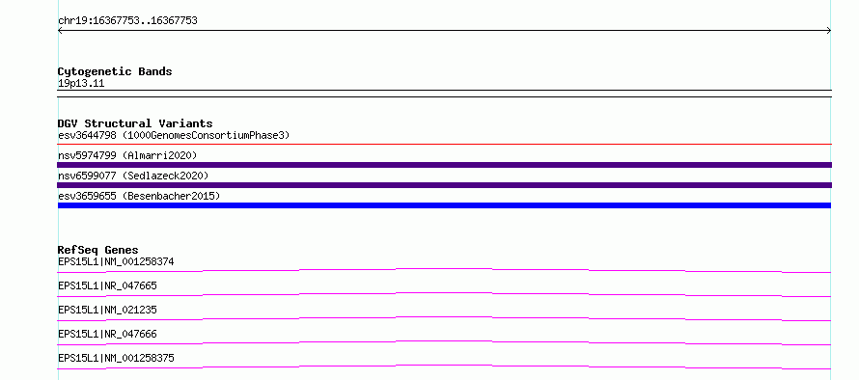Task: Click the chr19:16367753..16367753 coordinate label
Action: (127, 21)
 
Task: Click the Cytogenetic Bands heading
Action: (115, 71)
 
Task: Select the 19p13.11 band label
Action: (81, 84)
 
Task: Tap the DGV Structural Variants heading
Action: (135, 123)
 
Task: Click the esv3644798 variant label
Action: (87, 135)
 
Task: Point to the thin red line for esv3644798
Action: (445, 144)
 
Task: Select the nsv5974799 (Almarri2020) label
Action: (127, 155)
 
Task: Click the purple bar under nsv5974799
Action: (445, 165)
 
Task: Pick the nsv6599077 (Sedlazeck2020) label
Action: (133, 176)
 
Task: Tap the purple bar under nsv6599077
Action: (445, 185)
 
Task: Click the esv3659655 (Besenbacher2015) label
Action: (139, 196)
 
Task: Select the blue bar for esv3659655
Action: (444, 205)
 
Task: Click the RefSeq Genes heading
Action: (98, 250)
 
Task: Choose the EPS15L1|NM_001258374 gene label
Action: (116, 261)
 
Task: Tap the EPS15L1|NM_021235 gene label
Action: (107, 310)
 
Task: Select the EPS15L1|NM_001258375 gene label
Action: (116, 358)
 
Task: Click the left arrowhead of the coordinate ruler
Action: (59, 31)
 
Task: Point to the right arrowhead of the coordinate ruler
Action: (830, 31)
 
